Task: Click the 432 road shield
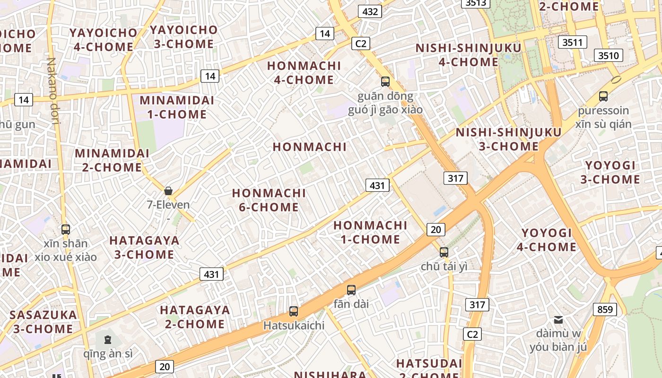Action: (370, 11)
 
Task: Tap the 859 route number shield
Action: (605, 310)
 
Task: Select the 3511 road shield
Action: (572, 43)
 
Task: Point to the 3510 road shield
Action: (608, 56)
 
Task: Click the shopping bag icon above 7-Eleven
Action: (168, 191)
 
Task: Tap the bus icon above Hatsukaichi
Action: (294, 311)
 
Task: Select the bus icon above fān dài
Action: (351, 290)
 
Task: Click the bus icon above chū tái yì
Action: (444, 252)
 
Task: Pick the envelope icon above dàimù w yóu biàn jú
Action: (558, 320)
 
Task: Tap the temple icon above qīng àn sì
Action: (108, 339)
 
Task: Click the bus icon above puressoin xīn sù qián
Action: (603, 96)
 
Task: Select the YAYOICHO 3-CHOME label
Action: (183, 37)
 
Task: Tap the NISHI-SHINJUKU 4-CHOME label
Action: (468, 55)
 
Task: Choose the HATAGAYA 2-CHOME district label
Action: (195, 317)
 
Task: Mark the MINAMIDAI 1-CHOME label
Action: (176, 107)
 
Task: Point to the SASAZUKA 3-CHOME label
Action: (43, 322)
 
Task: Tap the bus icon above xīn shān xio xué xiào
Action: (66, 230)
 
